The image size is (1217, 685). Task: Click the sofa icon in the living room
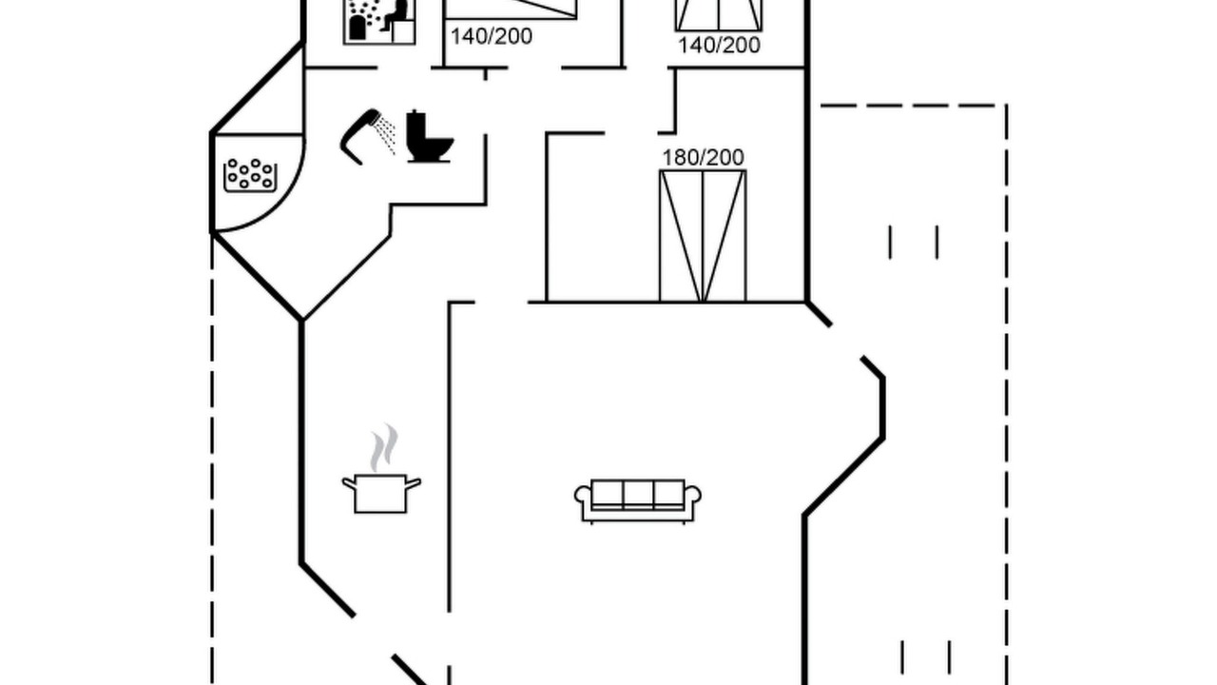pos(637,500)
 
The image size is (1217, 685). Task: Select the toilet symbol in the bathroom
pos(429,136)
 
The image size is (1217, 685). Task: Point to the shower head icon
pos(359,136)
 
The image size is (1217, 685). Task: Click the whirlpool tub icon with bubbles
pos(250,175)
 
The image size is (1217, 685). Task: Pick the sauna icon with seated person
pos(379,22)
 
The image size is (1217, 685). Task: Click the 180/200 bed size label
pos(703,158)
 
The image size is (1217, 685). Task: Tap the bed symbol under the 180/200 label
pos(703,236)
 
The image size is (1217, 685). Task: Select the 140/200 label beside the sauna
pos(492,36)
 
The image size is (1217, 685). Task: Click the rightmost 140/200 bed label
pos(719,45)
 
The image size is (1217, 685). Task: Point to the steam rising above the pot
pos(384,447)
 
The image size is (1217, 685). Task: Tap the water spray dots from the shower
pos(386,134)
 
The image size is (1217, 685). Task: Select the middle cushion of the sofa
pos(638,494)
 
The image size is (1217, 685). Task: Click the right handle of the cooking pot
pos(414,482)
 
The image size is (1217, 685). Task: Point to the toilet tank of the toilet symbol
pos(415,126)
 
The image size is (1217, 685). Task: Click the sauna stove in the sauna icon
pos(357,29)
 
